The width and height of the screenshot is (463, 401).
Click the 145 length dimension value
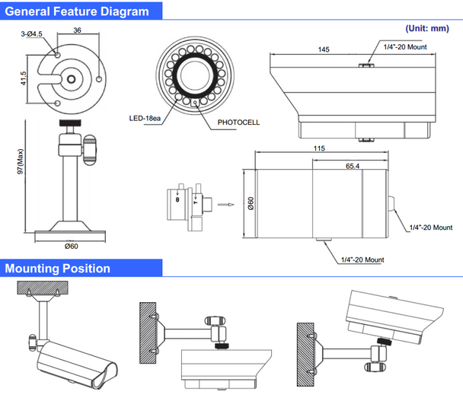324,49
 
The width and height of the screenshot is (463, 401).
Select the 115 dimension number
319,148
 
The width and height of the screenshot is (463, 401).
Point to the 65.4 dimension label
353,166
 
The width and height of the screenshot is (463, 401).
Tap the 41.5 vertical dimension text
24,78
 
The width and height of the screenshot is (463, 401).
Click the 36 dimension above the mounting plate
77,30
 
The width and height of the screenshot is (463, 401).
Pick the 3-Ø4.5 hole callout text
31,34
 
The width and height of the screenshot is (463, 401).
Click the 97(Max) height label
20,161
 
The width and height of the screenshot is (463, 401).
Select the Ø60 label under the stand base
71,246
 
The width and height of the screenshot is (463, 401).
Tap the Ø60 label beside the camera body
251,203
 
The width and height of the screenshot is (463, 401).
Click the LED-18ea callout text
145,119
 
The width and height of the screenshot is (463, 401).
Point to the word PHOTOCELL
238,123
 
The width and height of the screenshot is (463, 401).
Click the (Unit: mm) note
427,28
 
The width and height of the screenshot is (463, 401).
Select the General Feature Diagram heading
77,11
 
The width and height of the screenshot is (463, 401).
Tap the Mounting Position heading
58,269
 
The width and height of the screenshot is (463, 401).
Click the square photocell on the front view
195,103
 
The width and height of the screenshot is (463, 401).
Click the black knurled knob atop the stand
70,123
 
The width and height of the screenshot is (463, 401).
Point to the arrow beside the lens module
225,204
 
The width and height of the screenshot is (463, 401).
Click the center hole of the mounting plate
71,79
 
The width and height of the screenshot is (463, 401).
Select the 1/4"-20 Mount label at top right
405,47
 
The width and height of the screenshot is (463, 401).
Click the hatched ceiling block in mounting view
43,288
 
